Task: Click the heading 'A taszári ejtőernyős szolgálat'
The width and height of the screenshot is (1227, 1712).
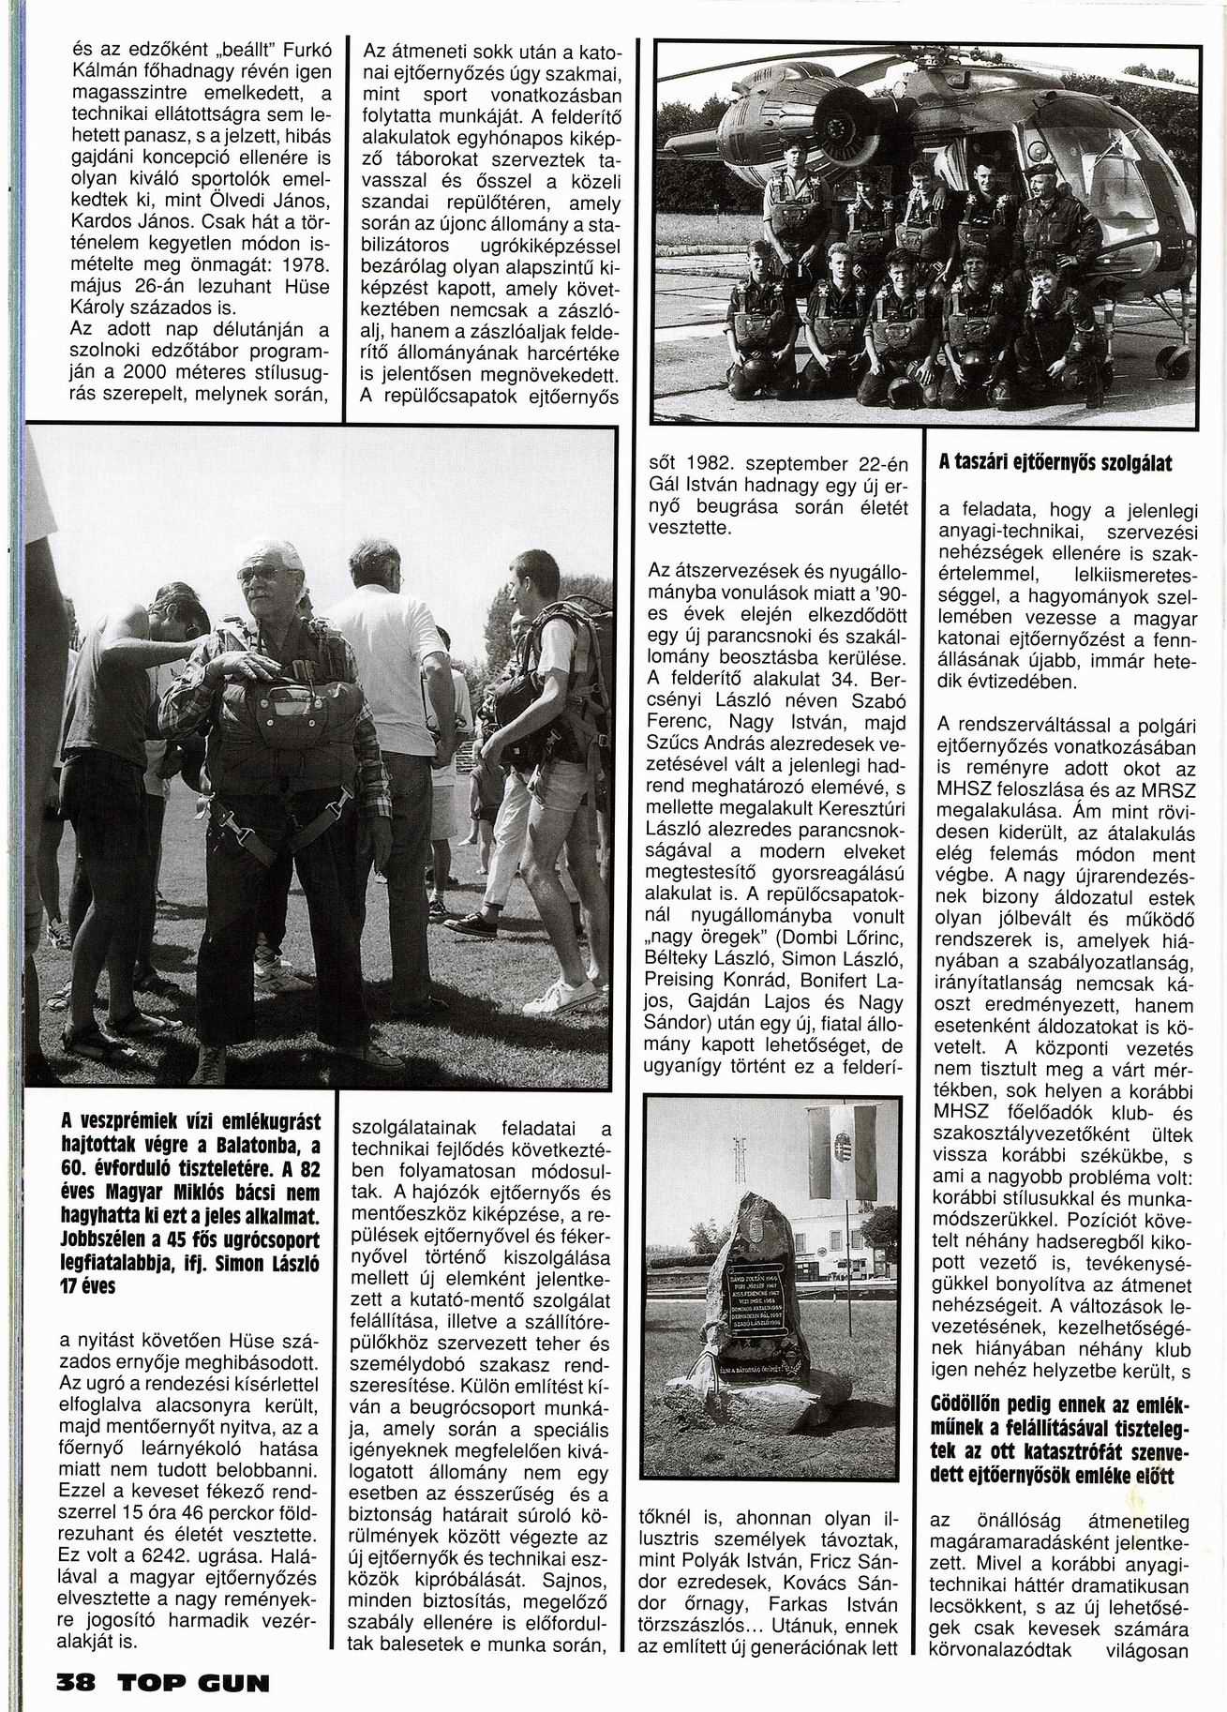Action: coord(1055,463)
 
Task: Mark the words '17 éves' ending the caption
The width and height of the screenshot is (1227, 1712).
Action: coord(87,1287)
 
